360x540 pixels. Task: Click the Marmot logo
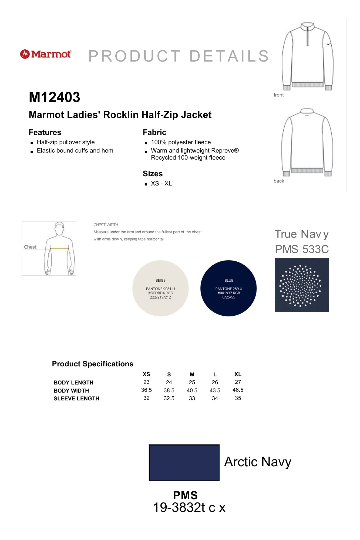(x=46, y=54)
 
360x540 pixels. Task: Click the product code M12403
(x=55, y=97)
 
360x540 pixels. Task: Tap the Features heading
(x=45, y=132)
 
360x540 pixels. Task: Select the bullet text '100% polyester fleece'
(x=181, y=142)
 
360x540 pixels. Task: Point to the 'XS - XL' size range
(x=161, y=184)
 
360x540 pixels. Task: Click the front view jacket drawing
(x=307, y=57)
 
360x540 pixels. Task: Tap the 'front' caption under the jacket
(x=278, y=95)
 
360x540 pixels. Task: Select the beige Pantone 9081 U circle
(x=160, y=288)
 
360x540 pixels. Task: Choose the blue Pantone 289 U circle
(x=228, y=288)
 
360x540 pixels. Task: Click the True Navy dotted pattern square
(x=302, y=285)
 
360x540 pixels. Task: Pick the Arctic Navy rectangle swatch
(x=184, y=463)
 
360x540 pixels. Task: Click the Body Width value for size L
(x=215, y=390)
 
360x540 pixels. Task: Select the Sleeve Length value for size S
(x=169, y=398)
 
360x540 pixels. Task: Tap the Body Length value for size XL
(x=238, y=382)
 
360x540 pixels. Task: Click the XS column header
(x=146, y=374)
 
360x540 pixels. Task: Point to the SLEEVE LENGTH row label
(x=76, y=399)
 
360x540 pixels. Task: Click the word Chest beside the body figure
(x=30, y=247)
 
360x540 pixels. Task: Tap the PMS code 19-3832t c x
(x=189, y=508)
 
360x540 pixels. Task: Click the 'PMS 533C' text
(x=302, y=249)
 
